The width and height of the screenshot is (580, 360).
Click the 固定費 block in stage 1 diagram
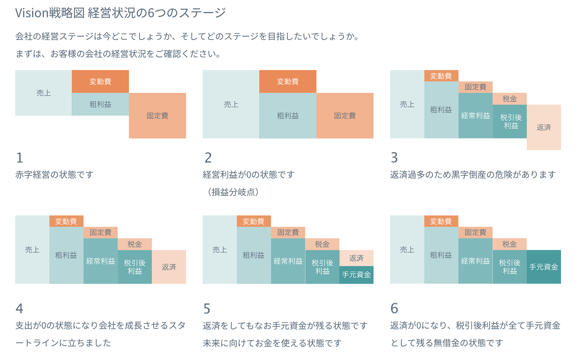[157, 116]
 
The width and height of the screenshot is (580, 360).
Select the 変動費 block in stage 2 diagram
[287, 81]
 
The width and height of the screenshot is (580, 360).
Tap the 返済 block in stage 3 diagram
[544, 127]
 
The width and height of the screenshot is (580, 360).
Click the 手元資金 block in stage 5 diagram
[356, 275]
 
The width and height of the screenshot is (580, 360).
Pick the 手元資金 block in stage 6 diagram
[544, 267]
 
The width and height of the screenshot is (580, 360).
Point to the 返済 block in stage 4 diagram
[169, 267]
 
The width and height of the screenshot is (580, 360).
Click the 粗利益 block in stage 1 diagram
[100, 104]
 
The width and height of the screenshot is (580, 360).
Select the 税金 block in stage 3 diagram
[509, 99]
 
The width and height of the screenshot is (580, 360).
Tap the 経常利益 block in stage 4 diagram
[100, 261]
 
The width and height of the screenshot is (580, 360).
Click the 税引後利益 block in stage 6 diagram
[509, 267]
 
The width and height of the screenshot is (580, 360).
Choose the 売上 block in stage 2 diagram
[231, 104]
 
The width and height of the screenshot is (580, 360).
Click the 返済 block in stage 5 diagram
[356, 258]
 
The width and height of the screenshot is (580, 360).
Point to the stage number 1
[20, 158]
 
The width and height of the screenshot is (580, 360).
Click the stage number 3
[394, 158]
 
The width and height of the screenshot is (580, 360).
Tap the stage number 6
[394, 308]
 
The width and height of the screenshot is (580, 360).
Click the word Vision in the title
[32, 13]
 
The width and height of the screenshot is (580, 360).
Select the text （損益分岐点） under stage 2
[233, 192]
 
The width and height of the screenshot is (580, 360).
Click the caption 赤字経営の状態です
[55, 175]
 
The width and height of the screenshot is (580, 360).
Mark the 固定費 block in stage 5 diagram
[288, 232]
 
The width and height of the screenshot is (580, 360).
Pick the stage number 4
[19, 308]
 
